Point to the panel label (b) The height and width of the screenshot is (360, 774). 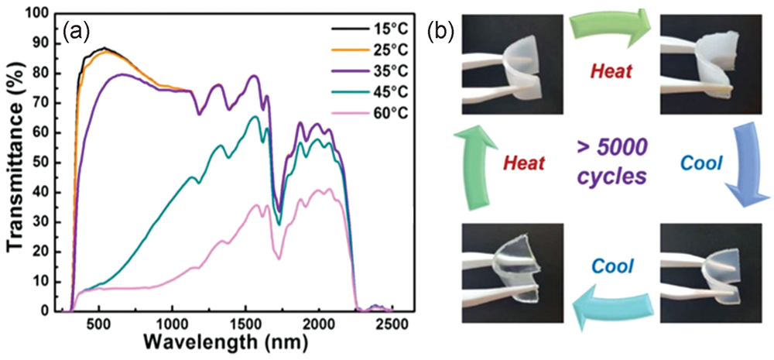[x=442, y=32]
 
